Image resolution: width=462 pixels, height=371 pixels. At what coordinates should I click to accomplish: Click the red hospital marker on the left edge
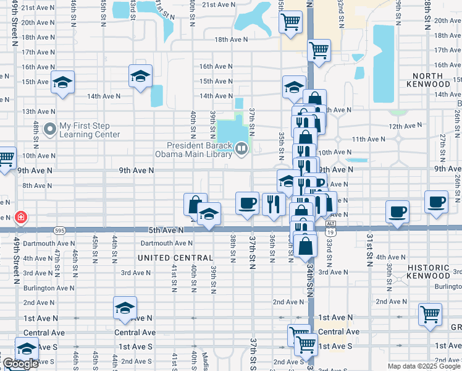pos(20,217)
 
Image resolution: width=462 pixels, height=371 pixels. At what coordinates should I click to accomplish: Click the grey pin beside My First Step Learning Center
pos(49,129)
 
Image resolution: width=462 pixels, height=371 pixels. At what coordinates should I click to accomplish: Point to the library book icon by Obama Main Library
pos(241,148)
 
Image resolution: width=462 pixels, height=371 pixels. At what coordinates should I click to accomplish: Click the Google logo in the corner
pos(20,364)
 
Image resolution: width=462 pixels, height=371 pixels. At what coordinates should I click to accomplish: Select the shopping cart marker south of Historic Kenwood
pos(430,313)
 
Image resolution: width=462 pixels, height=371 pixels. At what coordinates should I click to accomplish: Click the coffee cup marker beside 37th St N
pos(247,203)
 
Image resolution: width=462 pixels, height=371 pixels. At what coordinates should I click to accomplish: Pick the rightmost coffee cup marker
pos(437,202)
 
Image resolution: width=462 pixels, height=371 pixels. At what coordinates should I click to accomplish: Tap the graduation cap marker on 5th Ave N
pos(209,214)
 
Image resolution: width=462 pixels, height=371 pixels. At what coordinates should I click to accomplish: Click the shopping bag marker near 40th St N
pos(195,204)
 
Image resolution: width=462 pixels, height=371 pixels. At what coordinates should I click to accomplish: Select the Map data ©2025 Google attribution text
pos(424,366)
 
